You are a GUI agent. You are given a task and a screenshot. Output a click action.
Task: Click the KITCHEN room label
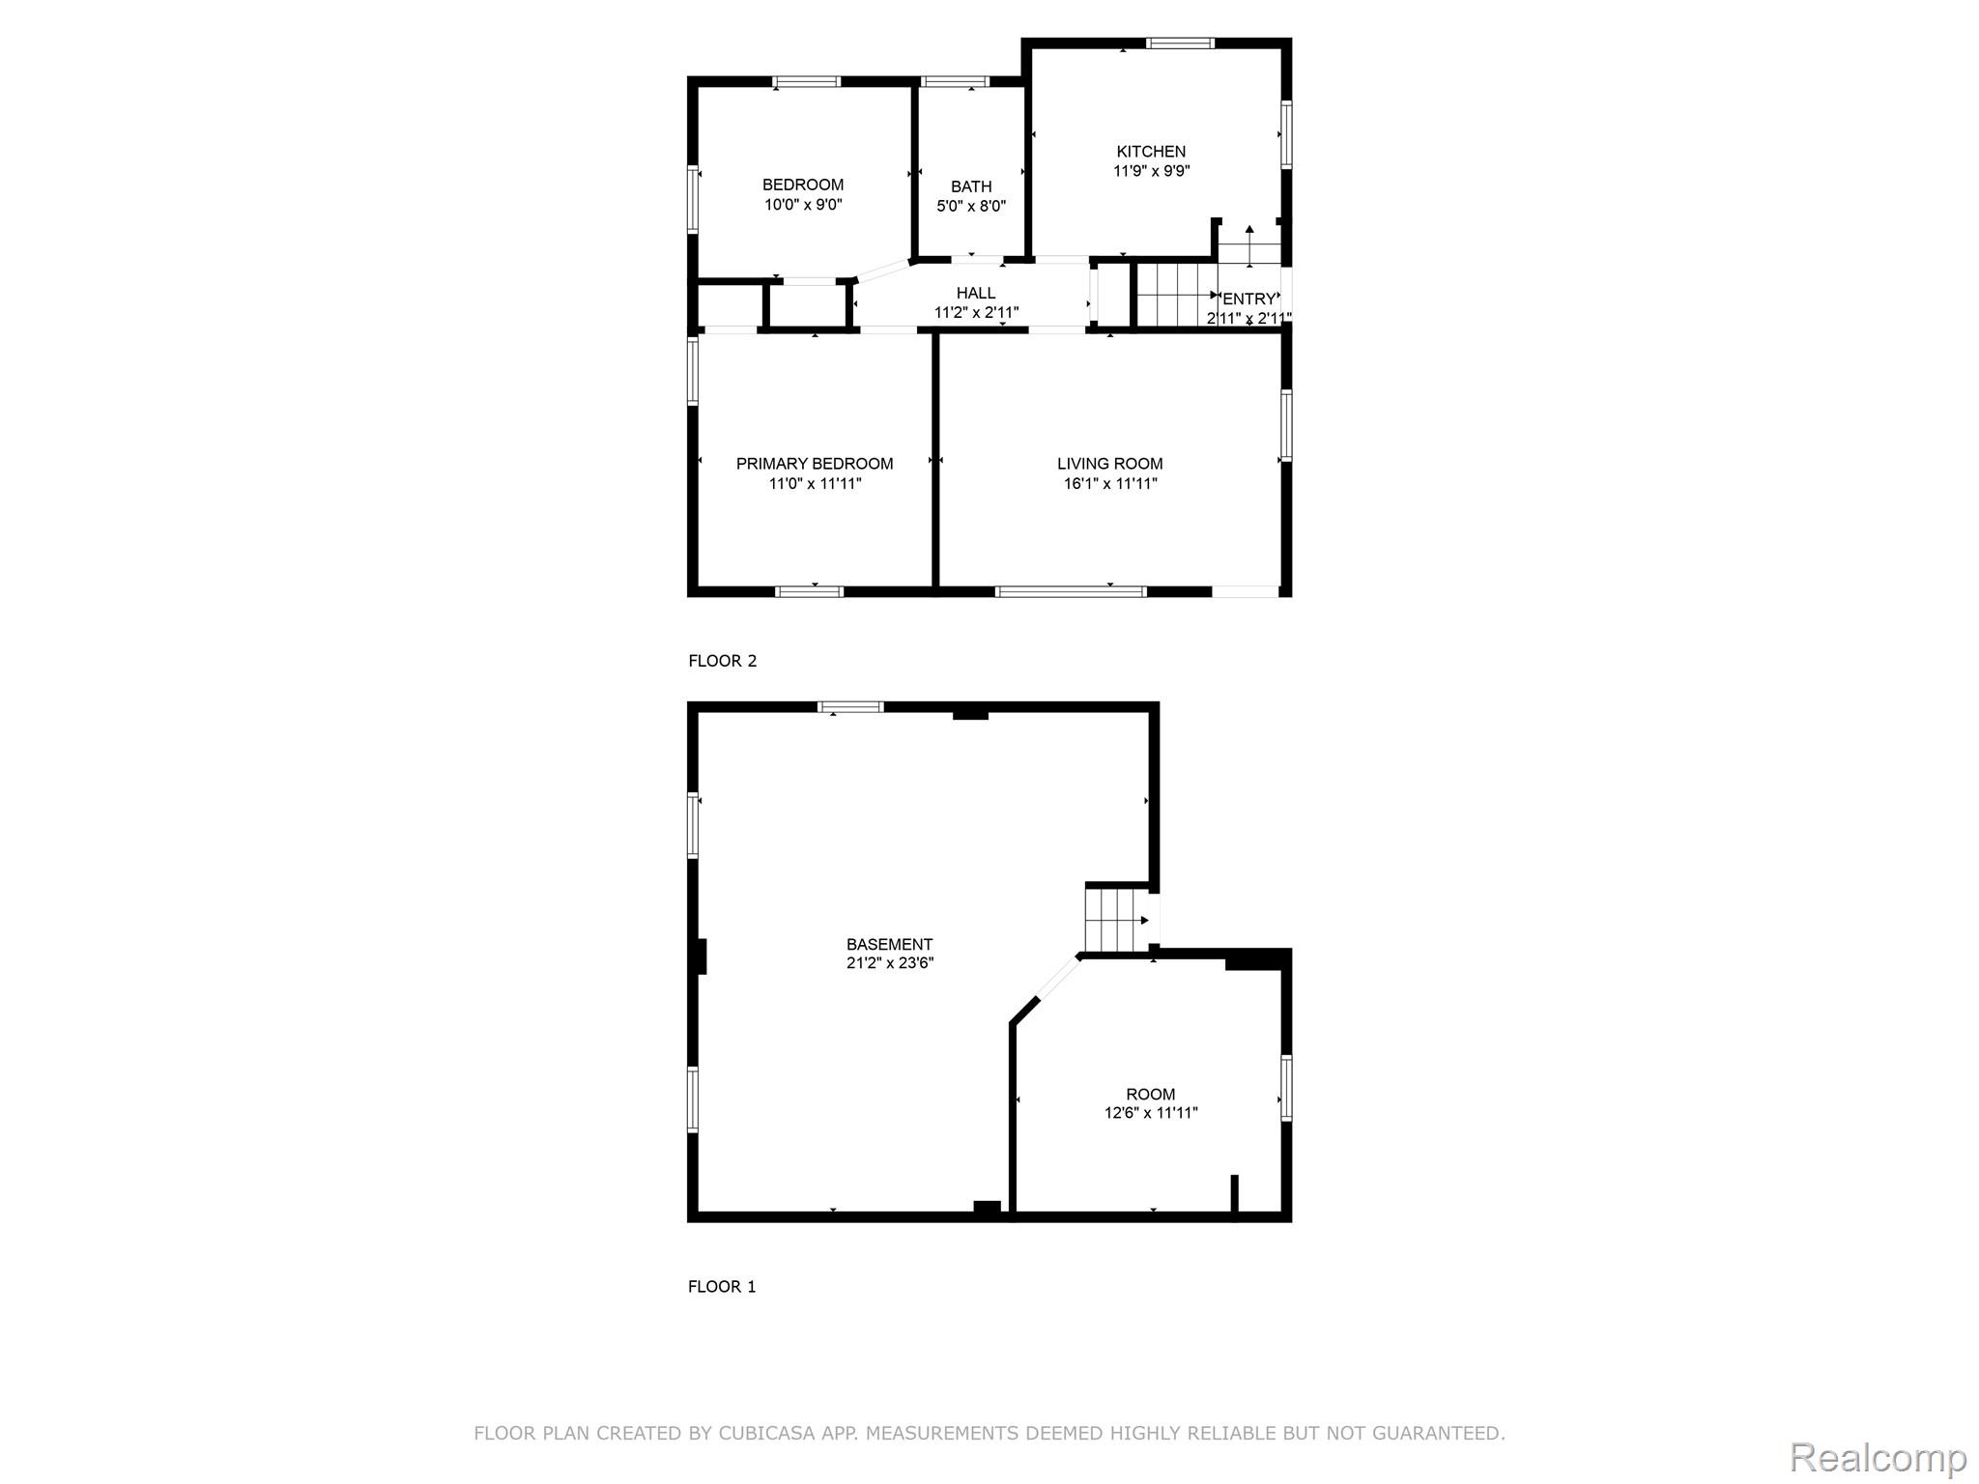tap(1151, 152)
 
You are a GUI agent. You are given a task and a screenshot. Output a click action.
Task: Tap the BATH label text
tap(971, 186)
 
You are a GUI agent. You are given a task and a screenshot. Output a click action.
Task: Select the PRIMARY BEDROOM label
tap(815, 464)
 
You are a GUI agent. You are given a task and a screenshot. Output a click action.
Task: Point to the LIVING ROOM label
tap(1110, 464)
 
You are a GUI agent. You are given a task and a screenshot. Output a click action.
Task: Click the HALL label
tap(976, 293)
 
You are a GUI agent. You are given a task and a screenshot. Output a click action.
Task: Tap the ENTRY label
tap(1249, 300)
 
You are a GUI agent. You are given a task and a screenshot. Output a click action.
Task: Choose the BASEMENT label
tap(890, 944)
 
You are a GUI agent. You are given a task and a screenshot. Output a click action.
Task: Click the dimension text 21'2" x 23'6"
tap(890, 962)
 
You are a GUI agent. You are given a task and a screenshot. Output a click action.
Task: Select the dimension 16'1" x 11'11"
tap(1110, 483)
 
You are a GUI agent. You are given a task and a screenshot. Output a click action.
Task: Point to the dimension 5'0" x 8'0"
tap(971, 206)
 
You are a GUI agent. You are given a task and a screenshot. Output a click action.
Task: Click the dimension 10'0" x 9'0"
tap(803, 205)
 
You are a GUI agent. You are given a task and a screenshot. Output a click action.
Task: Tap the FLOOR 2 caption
tap(723, 661)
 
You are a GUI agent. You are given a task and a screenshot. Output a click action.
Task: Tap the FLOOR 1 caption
tap(722, 1286)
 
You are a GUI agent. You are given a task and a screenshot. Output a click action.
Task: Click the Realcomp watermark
tap(1879, 1457)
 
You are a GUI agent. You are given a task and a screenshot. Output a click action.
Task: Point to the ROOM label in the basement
tap(1151, 1094)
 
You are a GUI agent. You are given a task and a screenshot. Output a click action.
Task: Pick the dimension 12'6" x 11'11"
tap(1151, 1113)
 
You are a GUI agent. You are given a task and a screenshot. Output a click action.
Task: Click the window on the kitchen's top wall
tap(1180, 43)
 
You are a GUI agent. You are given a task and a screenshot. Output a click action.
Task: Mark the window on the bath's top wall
tap(954, 81)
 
